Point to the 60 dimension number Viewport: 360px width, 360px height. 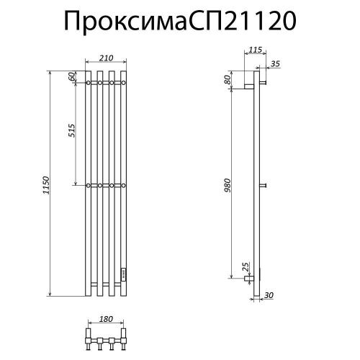73,77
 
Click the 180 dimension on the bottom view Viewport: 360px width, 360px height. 106,319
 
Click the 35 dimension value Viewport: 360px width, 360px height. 274,64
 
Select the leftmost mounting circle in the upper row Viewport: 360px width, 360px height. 89,84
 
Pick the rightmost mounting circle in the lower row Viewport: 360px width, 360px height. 123,186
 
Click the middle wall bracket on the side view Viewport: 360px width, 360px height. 264,186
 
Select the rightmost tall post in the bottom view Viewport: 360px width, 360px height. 123,335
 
